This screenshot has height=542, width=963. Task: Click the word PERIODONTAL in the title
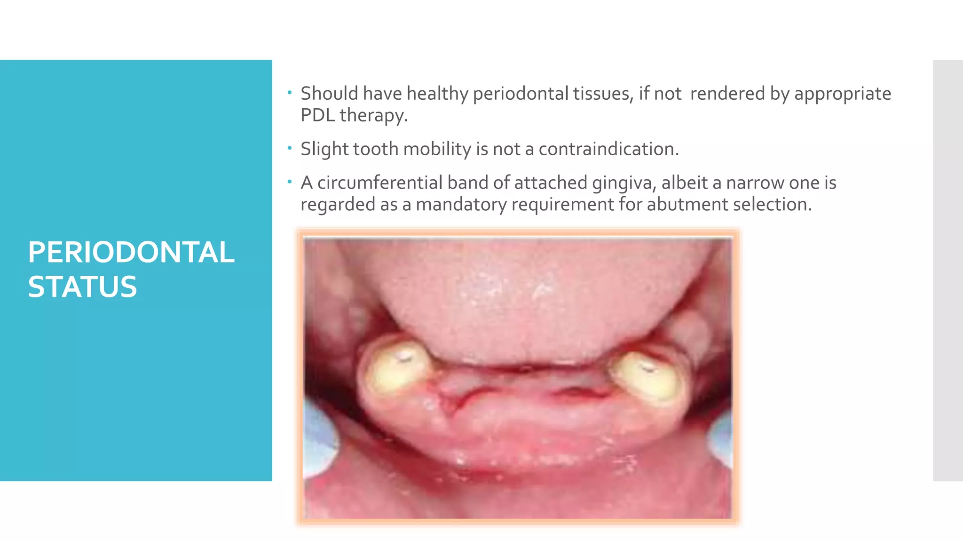pyautogui.click(x=131, y=252)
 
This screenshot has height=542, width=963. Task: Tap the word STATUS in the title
pyautogui.click(x=82, y=287)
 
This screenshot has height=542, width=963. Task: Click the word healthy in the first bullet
pyautogui.click(x=437, y=94)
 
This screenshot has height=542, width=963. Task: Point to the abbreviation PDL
pyautogui.click(x=317, y=115)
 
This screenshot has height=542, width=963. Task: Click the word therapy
pyautogui.click(x=373, y=115)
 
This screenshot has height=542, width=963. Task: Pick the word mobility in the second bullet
pyautogui.click(x=437, y=149)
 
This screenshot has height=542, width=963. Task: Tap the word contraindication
pyautogui.click(x=608, y=149)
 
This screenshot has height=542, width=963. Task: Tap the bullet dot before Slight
pyautogui.click(x=290, y=149)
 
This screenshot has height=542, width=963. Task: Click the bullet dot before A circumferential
pyautogui.click(x=290, y=182)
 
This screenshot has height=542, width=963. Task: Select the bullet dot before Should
pyautogui.click(x=290, y=93)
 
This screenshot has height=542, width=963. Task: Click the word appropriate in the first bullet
pyautogui.click(x=843, y=94)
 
